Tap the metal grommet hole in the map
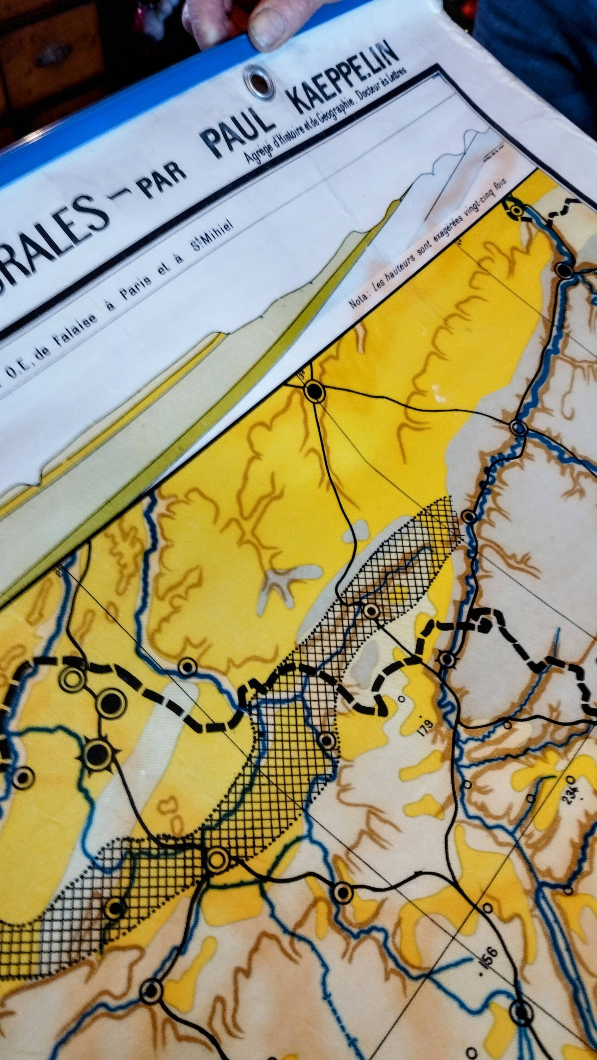point(257,79)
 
